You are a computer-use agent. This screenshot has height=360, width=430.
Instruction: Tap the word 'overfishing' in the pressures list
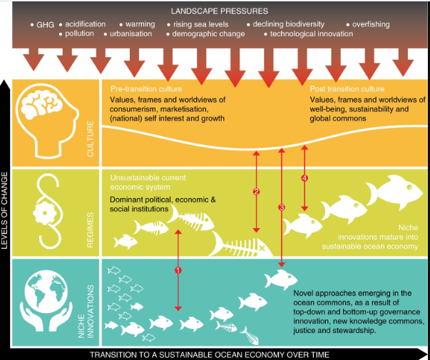[371, 24]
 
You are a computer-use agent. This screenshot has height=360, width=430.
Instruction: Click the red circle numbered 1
[178, 271]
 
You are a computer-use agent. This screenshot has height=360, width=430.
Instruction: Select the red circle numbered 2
[256, 192]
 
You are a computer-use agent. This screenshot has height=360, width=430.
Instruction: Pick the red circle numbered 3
[281, 207]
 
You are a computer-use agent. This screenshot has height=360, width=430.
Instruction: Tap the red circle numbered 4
[305, 178]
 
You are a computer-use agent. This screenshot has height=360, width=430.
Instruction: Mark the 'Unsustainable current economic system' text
[148, 182]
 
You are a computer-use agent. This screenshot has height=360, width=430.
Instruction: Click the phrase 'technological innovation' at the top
[312, 34]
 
